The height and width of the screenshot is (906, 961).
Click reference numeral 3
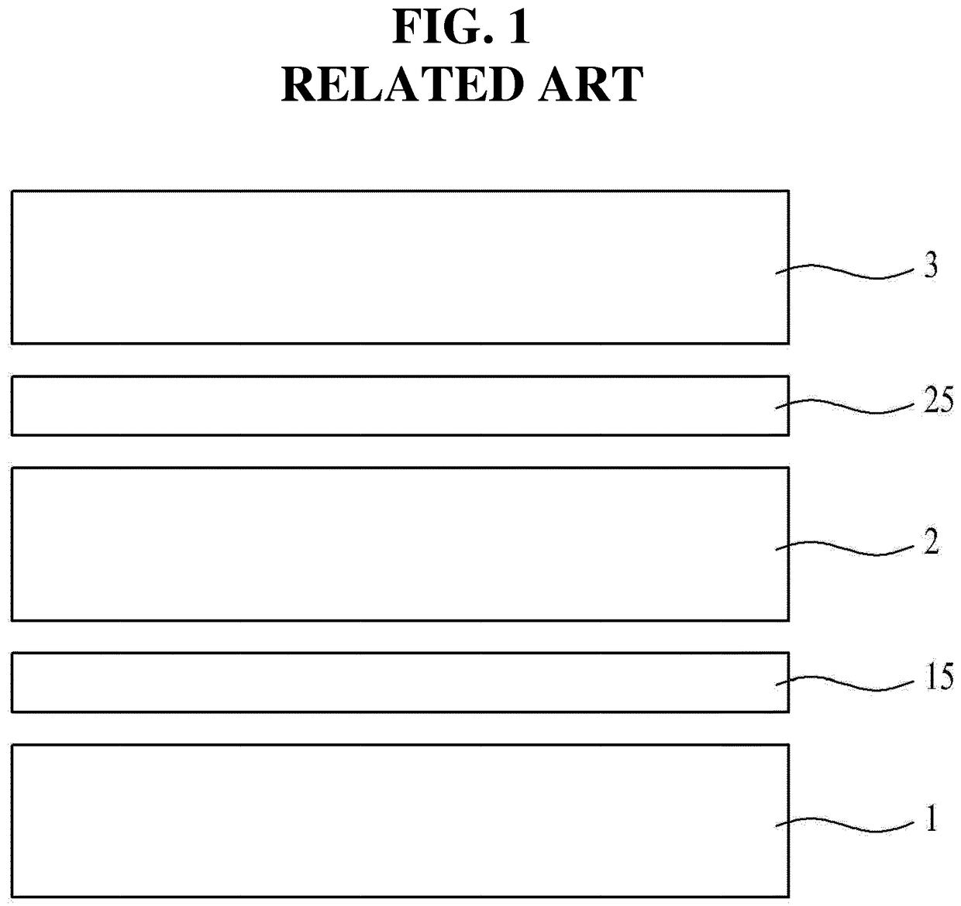(x=930, y=266)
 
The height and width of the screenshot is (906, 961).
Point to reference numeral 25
(x=938, y=401)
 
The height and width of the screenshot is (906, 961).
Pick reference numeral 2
(x=931, y=542)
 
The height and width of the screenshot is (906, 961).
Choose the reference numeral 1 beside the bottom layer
(x=931, y=819)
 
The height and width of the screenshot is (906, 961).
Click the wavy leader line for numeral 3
(x=845, y=271)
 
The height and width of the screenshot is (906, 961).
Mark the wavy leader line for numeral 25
(x=845, y=406)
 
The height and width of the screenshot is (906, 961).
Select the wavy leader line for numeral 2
(x=845, y=548)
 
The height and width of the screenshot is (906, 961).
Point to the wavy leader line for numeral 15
(x=845, y=683)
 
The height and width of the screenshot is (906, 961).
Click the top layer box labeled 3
(x=387, y=266)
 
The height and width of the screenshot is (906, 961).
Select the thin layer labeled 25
(x=387, y=405)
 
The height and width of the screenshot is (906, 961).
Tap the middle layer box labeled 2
(x=387, y=544)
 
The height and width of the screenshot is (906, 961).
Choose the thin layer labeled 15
(x=387, y=682)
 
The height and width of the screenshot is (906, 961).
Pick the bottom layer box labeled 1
(x=387, y=821)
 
